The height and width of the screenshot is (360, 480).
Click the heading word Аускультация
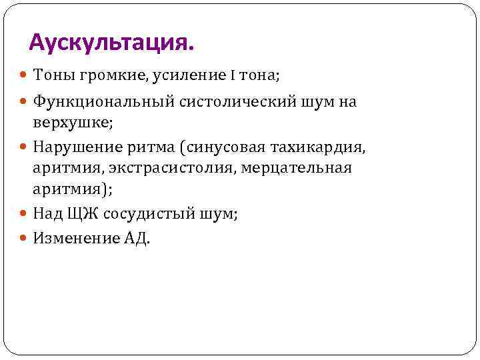(113, 43)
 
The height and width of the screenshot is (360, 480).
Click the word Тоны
(53, 76)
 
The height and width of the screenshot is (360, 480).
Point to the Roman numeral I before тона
(233, 76)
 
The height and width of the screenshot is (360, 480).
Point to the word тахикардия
(324, 146)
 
